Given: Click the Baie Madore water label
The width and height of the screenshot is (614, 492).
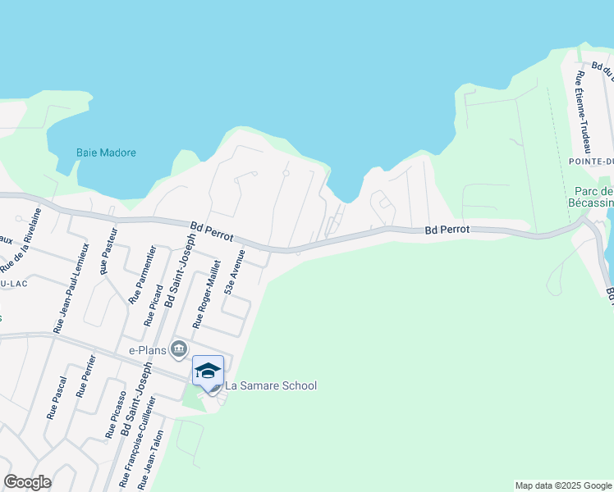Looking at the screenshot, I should tap(106, 153).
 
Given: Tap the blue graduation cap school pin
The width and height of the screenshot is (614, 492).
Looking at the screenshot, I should tap(208, 370).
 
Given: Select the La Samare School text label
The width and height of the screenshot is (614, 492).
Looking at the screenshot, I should tap(270, 385).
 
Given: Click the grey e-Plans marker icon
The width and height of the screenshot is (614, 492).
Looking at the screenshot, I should tap(179, 350).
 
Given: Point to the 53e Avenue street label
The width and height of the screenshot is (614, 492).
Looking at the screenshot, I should tap(235, 275).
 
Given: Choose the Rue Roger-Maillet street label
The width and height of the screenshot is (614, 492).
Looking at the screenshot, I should tap(206, 294).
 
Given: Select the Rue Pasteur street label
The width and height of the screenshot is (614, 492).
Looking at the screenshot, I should tap(104, 255).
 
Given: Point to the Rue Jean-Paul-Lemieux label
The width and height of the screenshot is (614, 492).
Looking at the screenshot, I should tap(71, 288).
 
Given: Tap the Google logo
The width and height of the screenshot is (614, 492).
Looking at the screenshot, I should tap(28, 481).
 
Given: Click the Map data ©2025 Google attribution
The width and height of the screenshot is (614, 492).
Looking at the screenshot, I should tap(562, 485).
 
